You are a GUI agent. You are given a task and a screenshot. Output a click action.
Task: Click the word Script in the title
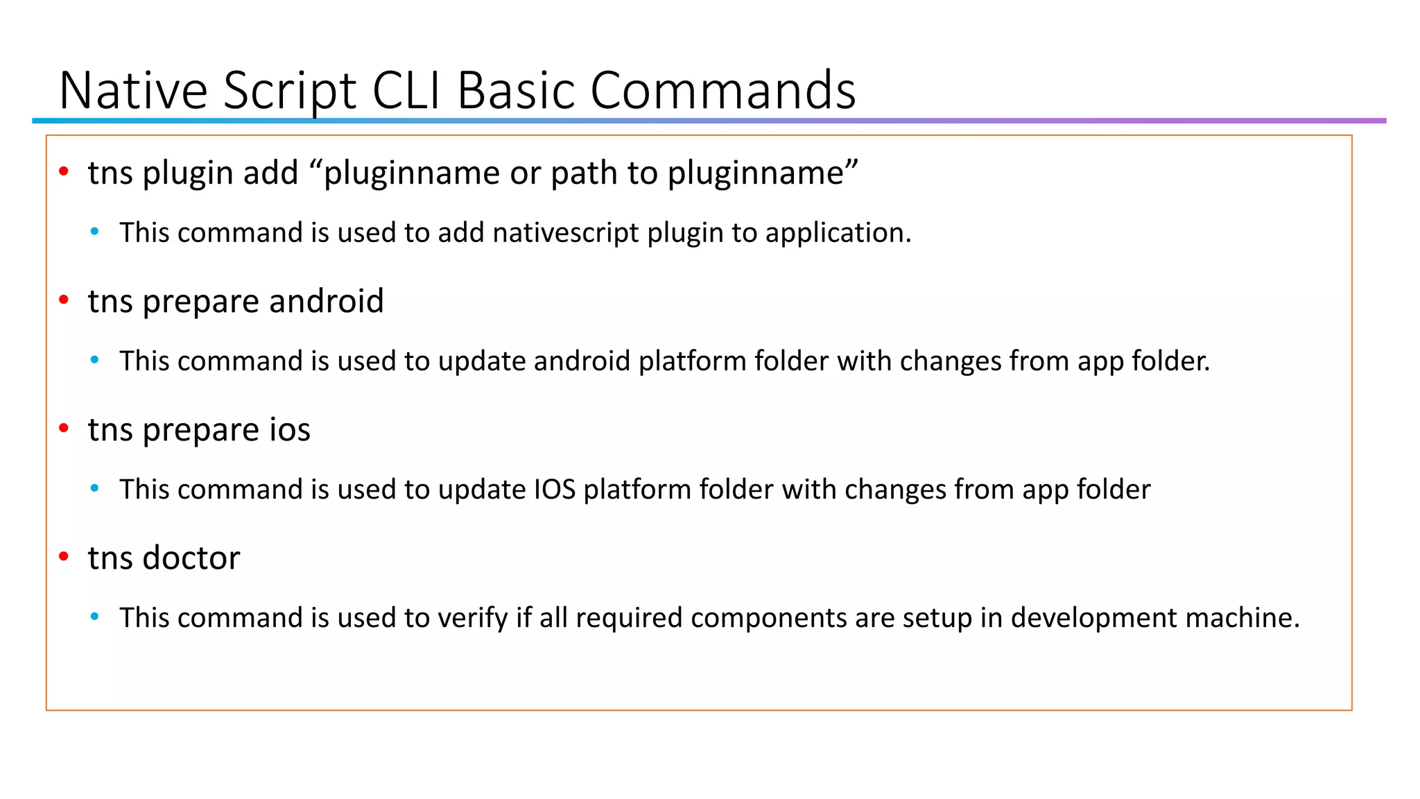[289, 90]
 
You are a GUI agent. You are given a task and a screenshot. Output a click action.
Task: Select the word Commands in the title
[722, 90]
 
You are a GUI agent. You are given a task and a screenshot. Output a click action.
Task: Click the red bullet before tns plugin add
[64, 171]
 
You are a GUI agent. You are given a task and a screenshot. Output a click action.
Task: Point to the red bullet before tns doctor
[64, 556]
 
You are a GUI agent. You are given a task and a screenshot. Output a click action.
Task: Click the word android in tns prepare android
[326, 301]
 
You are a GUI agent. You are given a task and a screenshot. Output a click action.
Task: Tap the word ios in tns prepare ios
[289, 429]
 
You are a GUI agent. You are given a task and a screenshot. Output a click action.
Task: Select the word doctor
[191, 558]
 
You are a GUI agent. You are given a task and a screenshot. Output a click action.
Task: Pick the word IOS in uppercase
[555, 489]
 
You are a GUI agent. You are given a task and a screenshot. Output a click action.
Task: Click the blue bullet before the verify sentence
[95, 616]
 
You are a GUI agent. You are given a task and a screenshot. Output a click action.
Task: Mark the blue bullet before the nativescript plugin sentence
[95, 231]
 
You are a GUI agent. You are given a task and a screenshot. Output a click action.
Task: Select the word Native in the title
[133, 90]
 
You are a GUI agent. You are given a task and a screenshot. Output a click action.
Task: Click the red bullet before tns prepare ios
[64, 428]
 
